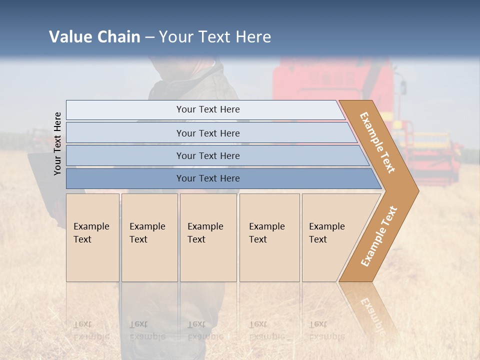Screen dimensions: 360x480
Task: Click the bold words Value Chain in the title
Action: [x=94, y=37]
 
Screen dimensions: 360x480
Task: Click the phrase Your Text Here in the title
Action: [x=215, y=37]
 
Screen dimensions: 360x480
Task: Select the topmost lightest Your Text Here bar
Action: [x=207, y=109]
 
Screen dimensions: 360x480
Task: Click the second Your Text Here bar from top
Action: [x=207, y=133]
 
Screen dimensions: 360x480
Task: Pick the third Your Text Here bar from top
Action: [x=207, y=155]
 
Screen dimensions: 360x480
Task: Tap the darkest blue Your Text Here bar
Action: [x=207, y=178]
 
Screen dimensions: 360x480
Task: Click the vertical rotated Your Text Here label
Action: [x=57, y=143]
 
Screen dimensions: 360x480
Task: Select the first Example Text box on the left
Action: [x=92, y=237]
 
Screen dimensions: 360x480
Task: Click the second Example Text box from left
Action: [x=149, y=237]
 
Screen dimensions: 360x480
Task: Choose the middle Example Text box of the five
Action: [x=208, y=237]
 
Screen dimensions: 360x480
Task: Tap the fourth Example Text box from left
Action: [x=269, y=237]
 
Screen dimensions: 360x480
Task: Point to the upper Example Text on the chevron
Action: [x=377, y=142]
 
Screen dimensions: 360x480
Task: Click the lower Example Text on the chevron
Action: [x=379, y=236]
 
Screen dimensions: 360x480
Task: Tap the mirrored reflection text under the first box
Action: [x=91, y=330]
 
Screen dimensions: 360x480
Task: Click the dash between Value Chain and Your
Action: [x=149, y=37]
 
